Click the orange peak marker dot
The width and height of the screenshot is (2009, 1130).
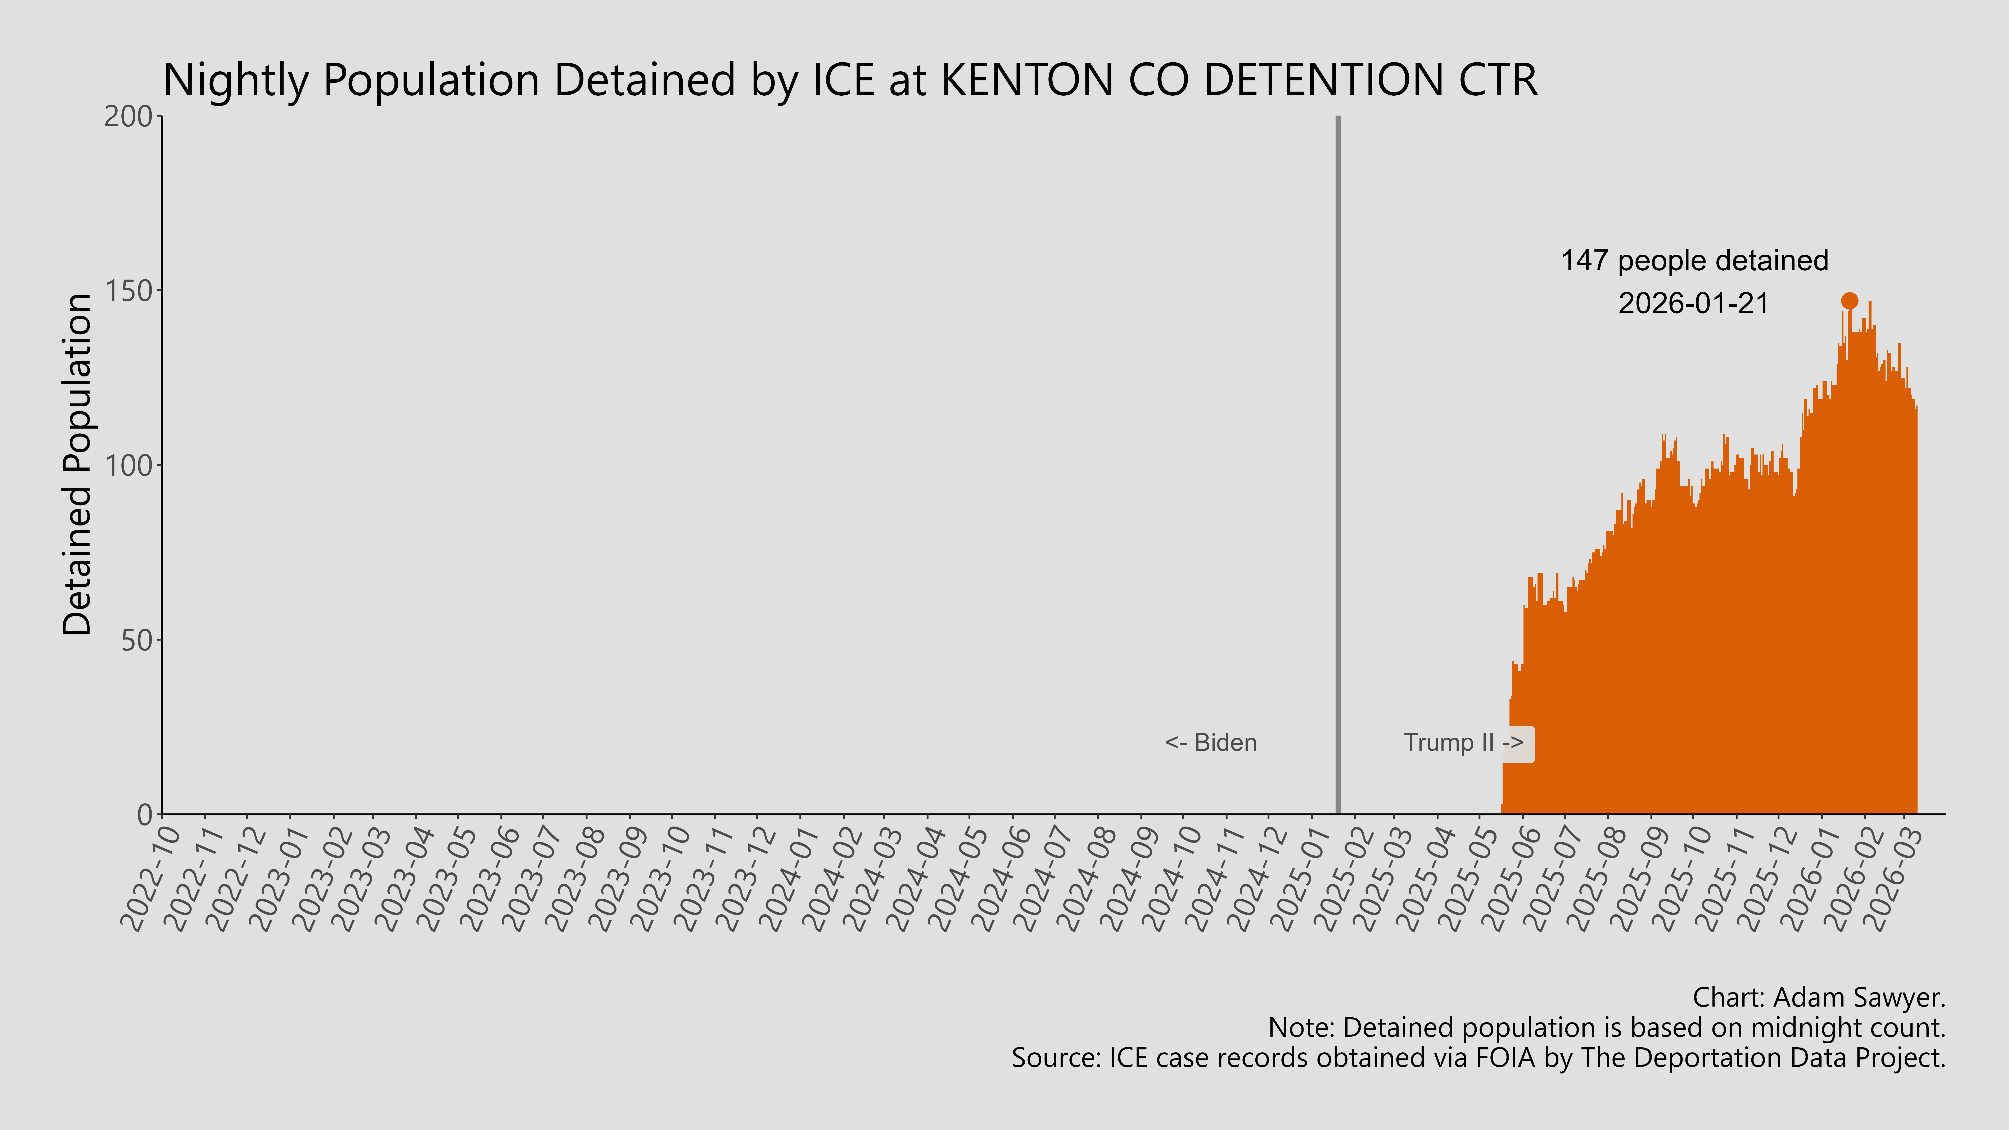[1849, 301]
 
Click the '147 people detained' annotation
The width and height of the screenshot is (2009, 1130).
[1694, 261]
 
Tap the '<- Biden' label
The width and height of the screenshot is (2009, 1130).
[1210, 742]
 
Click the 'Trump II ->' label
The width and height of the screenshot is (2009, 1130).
[1463, 742]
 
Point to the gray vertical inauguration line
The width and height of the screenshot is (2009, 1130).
[1338, 468]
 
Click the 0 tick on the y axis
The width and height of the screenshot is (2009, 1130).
[145, 815]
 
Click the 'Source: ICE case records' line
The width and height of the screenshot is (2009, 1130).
[1478, 1057]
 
